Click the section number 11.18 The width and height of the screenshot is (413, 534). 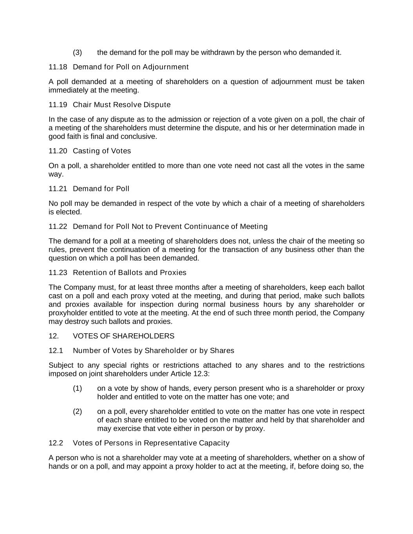[x=58, y=67]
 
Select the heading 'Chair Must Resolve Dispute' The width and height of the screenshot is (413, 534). [x=122, y=105]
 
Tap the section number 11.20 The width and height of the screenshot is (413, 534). [x=58, y=151]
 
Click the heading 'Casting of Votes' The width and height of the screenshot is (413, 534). [x=102, y=151]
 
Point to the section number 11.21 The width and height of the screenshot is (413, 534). [x=58, y=189]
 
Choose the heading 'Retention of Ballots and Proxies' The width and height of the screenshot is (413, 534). [x=130, y=273]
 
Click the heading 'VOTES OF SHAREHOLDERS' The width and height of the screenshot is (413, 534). [x=124, y=336]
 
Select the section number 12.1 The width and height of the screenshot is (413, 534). [x=56, y=351]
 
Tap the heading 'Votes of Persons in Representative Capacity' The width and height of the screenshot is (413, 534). [x=151, y=443]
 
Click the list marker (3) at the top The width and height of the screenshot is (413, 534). [x=77, y=52]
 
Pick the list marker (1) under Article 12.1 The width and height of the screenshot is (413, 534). [x=77, y=388]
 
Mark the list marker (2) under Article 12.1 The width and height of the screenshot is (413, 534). [x=77, y=412]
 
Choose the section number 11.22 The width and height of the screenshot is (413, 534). [x=58, y=227]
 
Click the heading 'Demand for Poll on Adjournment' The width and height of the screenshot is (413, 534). [x=131, y=67]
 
